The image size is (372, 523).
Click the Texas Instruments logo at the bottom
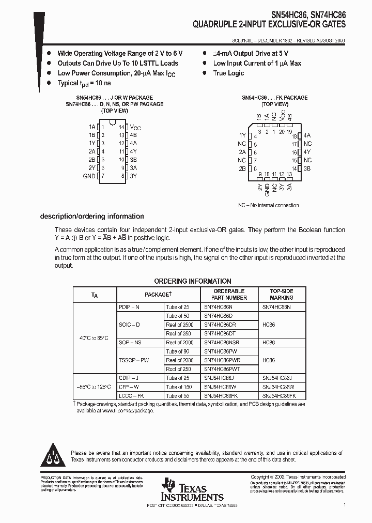click(x=192, y=490)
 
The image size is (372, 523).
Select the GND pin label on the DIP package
click(x=89, y=176)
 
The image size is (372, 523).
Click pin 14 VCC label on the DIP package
click(x=134, y=127)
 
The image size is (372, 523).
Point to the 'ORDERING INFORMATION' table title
click(x=193, y=281)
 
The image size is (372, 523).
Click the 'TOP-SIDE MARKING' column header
click(x=281, y=294)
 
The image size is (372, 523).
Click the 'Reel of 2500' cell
click(x=179, y=325)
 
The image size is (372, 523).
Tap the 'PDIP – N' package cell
click(x=129, y=307)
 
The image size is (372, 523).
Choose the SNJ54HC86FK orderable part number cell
click(x=221, y=395)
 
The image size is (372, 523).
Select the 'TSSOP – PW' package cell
click(x=133, y=360)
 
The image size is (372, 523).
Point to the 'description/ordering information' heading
click(x=92, y=217)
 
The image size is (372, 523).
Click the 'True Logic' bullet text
click(x=228, y=73)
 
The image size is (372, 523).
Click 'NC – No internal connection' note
click(x=268, y=205)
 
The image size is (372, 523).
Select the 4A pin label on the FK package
click(x=307, y=135)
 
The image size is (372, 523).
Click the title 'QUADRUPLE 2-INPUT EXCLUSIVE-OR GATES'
click(x=269, y=24)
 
